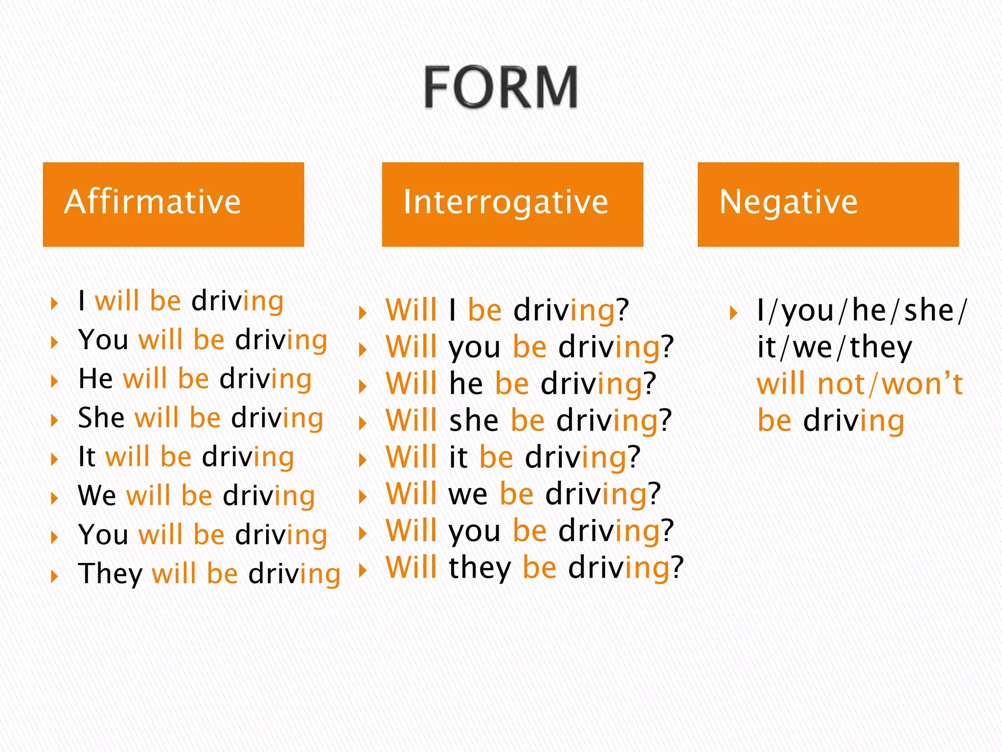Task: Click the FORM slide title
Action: pyautogui.click(x=500, y=87)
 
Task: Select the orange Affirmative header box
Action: pyautogui.click(x=173, y=204)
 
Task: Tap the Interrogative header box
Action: pyautogui.click(x=512, y=204)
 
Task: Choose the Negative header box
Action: pyautogui.click(x=828, y=204)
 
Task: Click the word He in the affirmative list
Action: pyautogui.click(x=95, y=379)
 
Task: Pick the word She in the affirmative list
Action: pyautogui.click(x=101, y=418)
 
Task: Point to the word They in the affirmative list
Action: pyautogui.click(x=110, y=574)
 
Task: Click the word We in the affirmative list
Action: pyautogui.click(x=97, y=495)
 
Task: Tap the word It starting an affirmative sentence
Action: pyautogui.click(x=87, y=457)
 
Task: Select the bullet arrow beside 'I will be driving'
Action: pyautogui.click(x=54, y=303)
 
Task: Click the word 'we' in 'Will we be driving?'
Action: pyautogui.click(x=468, y=494)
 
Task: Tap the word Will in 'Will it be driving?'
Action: pyautogui.click(x=411, y=457)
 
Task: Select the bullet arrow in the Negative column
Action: pyautogui.click(x=733, y=312)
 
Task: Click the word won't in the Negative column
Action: pyautogui.click(x=922, y=384)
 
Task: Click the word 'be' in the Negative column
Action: pyautogui.click(x=774, y=421)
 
